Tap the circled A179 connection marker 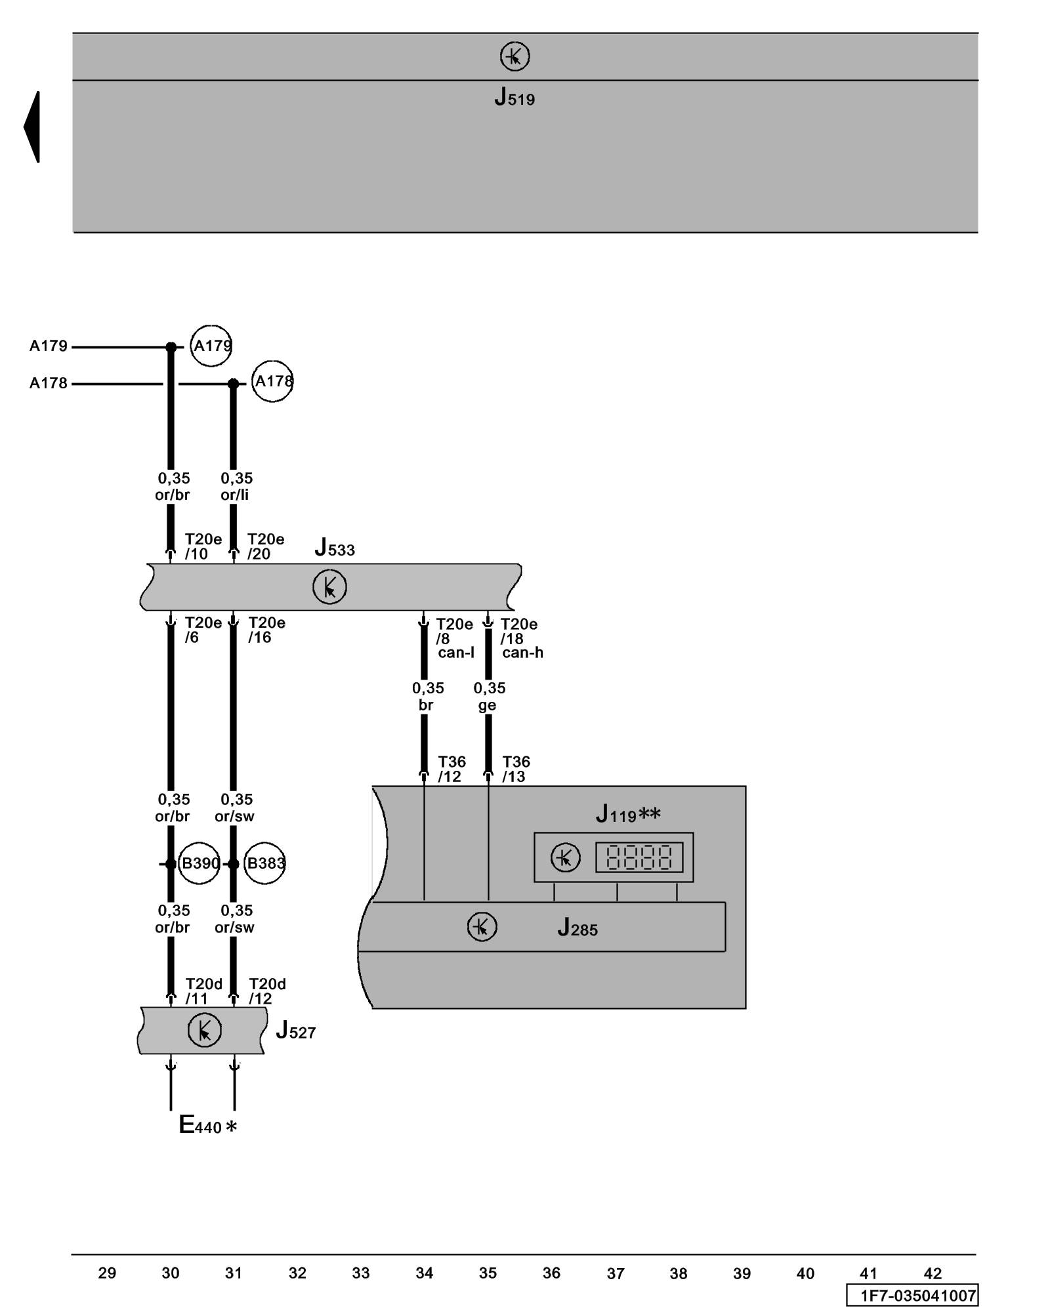(x=211, y=346)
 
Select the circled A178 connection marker (x=272, y=381)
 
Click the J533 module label (x=335, y=547)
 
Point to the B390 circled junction (x=199, y=863)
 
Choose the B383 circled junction (x=264, y=863)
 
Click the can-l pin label (x=456, y=653)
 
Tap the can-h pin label (x=522, y=653)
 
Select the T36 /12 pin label (x=451, y=769)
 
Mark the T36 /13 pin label (x=516, y=769)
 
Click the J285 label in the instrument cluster (x=577, y=928)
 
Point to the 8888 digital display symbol (x=639, y=857)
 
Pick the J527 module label (x=296, y=1031)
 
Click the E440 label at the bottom (x=207, y=1126)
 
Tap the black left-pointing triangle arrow (x=32, y=127)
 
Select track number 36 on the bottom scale (x=551, y=1273)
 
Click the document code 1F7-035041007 (x=917, y=1296)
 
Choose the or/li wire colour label (x=234, y=495)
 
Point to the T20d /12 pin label (x=267, y=991)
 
